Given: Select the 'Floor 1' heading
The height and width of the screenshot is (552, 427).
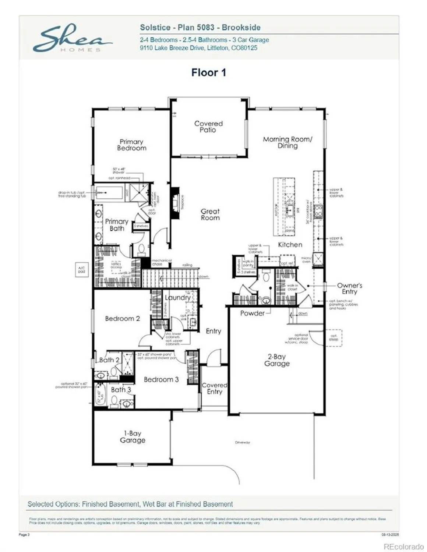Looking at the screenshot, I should point(208,72).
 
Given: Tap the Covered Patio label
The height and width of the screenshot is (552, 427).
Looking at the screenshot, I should point(208,127).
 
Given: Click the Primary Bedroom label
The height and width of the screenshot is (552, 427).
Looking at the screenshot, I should point(131,145).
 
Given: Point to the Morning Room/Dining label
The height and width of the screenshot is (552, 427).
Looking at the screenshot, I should point(287,142).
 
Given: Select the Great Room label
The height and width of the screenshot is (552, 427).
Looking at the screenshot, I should point(210,215).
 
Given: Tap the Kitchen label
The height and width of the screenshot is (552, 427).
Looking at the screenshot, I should point(290,245).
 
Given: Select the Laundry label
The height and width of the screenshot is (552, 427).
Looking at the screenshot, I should point(177,297).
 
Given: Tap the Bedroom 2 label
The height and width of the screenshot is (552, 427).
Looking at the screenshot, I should point(122,319).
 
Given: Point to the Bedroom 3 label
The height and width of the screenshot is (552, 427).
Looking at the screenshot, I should point(161,379).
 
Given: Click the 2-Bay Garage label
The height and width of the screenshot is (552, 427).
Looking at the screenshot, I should point(277,360).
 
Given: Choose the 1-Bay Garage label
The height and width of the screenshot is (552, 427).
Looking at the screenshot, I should point(133,437).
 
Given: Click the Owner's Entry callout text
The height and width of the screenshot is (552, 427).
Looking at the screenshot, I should point(349,289).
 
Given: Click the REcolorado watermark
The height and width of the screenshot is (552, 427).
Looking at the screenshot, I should point(403,546).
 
